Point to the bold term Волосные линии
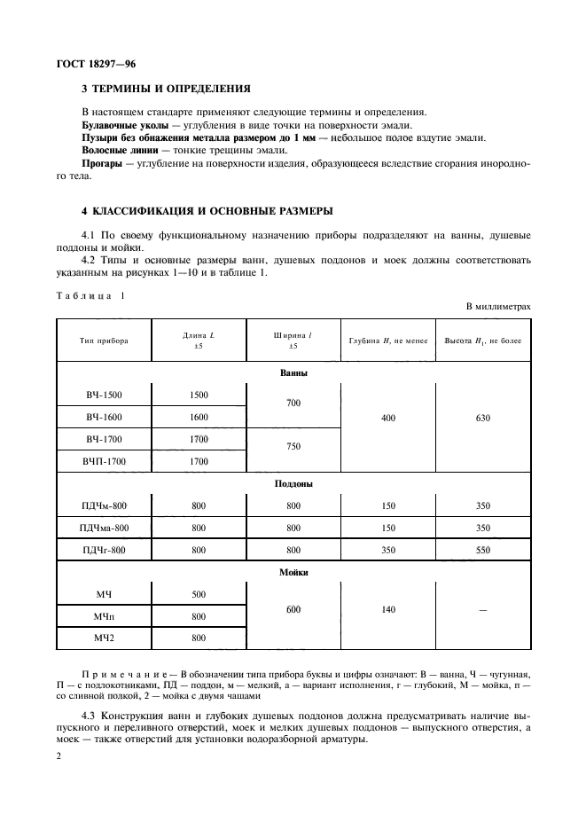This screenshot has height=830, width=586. pyautogui.click(x=114, y=152)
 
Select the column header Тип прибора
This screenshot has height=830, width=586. pyautogui.click(x=103, y=341)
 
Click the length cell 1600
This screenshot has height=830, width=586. pyautogui.click(x=199, y=417)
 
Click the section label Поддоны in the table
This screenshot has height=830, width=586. pyautogui.click(x=293, y=484)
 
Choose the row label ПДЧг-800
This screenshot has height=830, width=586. pyautogui.click(x=104, y=551)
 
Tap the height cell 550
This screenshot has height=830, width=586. pyautogui.click(x=481, y=551)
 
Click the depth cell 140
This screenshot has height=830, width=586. pyautogui.click(x=387, y=609)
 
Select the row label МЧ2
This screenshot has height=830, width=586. pyautogui.click(x=104, y=638)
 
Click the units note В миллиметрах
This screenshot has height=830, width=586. pyautogui.click(x=498, y=306)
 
